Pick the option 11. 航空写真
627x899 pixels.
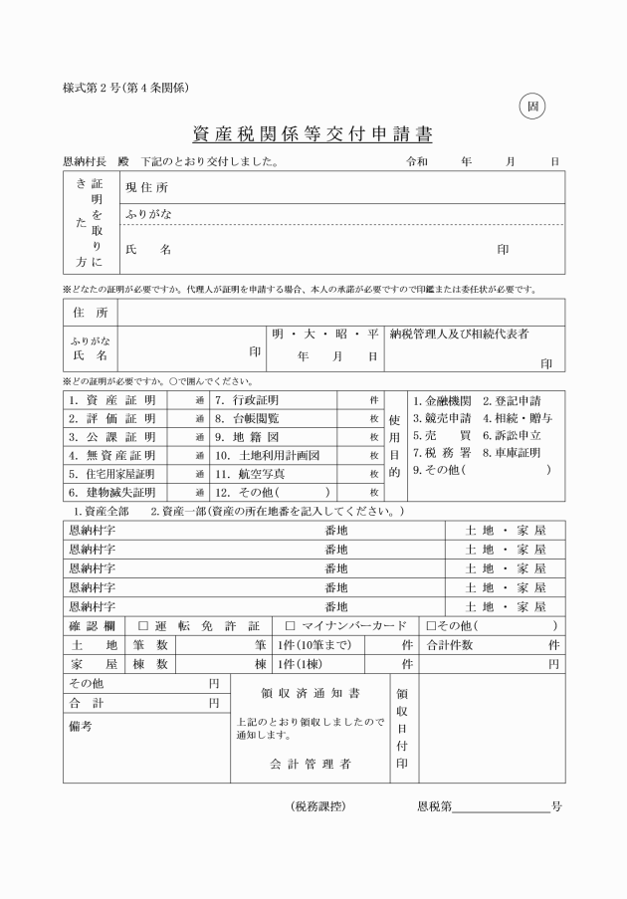[251, 473]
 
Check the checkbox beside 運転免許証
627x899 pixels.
[142, 626]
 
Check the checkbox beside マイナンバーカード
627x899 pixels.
[291, 626]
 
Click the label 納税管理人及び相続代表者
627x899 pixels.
[459, 333]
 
